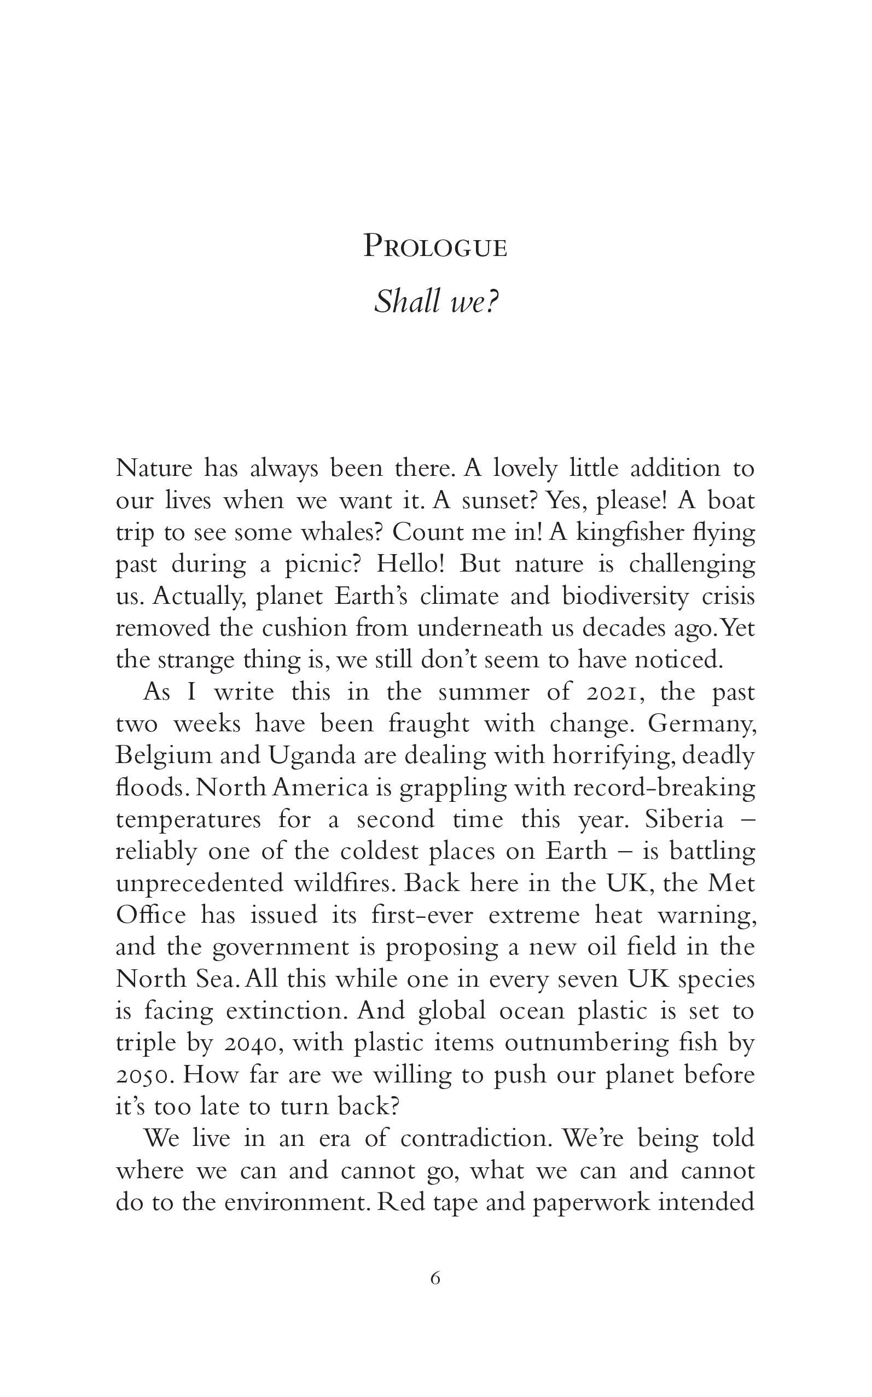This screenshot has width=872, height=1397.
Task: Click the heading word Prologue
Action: pos(435,246)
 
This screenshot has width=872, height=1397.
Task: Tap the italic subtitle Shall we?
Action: pos(435,301)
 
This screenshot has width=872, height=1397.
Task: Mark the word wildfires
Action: pos(343,883)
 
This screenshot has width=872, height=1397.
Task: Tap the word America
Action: pos(320,788)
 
